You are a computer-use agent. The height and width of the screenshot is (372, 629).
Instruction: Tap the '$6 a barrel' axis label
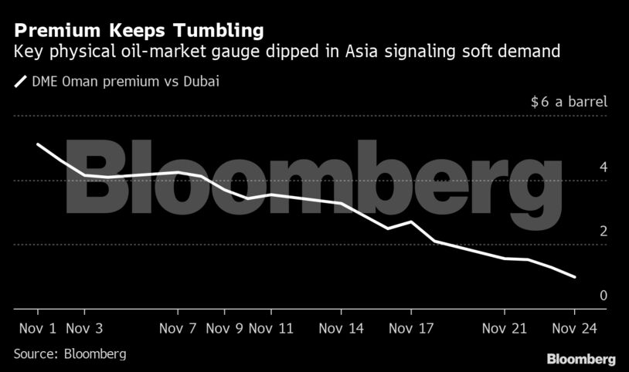pos(569,102)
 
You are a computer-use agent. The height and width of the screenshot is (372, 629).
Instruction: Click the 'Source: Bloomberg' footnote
pos(70,353)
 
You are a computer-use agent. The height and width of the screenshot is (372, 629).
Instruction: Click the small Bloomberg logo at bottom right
pos(581,359)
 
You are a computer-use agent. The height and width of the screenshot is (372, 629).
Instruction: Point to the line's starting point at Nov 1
pos(38,144)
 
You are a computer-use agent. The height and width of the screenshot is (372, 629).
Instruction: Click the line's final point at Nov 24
pos(574,276)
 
